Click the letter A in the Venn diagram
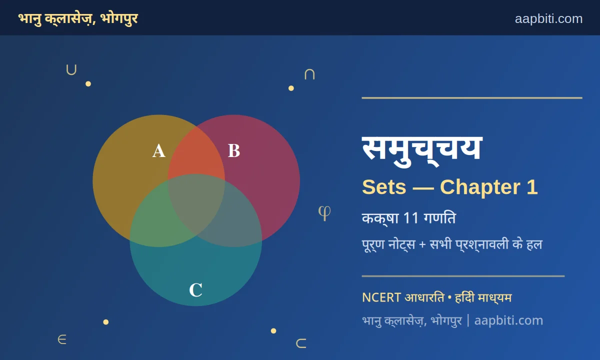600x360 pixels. pyautogui.click(x=159, y=151)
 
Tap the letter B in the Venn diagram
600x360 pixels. pyautogui.click(x=234, y=150)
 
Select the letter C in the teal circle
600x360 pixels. pyautogui.click(x=196, y=290)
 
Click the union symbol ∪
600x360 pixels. pyautogui.click(x=71, y=69)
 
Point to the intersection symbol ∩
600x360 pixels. pyautogui.click(x=309, y=74)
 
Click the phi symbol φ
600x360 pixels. pyautogui.click(x=324, y=213)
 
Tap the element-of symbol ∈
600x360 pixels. pyautogui.click(x=62, y=339)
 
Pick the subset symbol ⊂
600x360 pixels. pyautogui.click(x=301, y=343)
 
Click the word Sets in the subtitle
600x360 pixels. pyautogui.click(x=384, y=187)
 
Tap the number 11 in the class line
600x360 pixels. pyautogui.click(x=411, y=218)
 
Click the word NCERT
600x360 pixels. pyautogui.click(x=381, y=297)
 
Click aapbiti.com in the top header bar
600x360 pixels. pyautogui.click(x=548, y=19)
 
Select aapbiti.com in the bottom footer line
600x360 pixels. pyautogui.click(x=508, y=320)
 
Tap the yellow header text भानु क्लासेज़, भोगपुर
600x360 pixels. pyautogui.click(x=78, y=19)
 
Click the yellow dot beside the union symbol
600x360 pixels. pyautogui.click(x=88, y=84)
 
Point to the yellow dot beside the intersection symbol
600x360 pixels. pyautogui.click(x=291, y=88)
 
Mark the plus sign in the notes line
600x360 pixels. pyautogui.click(x=422, y=245)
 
